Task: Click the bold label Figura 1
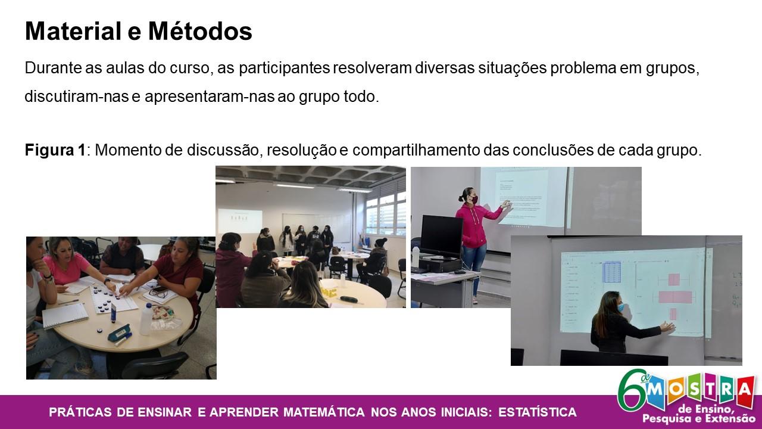click(x=55, y=150)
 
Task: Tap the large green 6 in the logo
click(x=631, y=390)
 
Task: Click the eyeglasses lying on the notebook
click(x=158, y=292)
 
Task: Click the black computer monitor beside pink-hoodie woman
click(x=441, y=235)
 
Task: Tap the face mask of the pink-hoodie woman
click(x=474, y=198)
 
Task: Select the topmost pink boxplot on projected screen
click(x=673, y=279)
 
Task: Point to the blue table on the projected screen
click(x=613, y=272)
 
